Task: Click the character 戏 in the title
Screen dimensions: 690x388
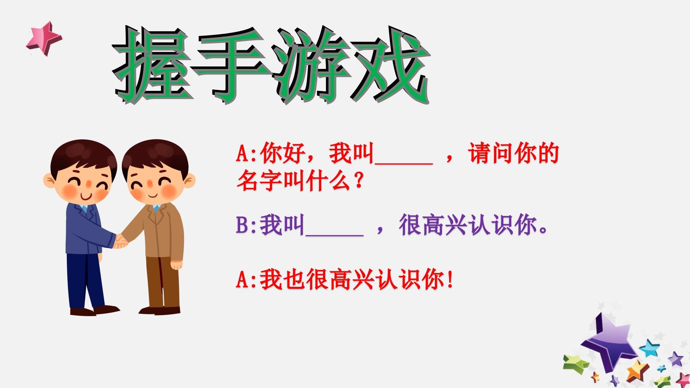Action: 390,65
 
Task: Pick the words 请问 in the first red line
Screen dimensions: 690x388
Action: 491,153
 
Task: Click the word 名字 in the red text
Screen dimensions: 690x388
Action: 259,181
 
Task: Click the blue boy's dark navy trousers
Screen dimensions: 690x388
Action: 85,280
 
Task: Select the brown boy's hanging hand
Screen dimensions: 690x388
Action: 176,265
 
